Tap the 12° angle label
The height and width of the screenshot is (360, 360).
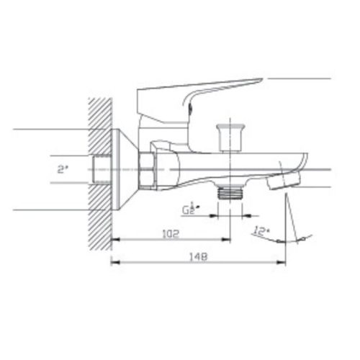(261, 232)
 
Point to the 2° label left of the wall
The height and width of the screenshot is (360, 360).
(63, 170)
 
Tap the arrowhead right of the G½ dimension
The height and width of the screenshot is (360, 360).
(245, 215)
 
